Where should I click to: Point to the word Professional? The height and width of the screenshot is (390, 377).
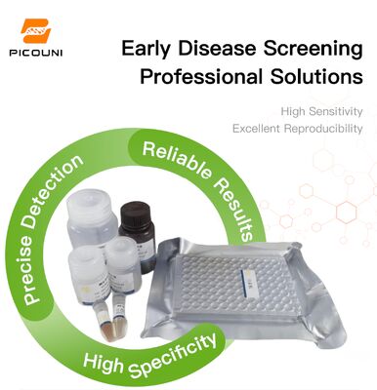199,76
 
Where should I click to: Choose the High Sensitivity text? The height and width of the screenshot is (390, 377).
321,111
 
